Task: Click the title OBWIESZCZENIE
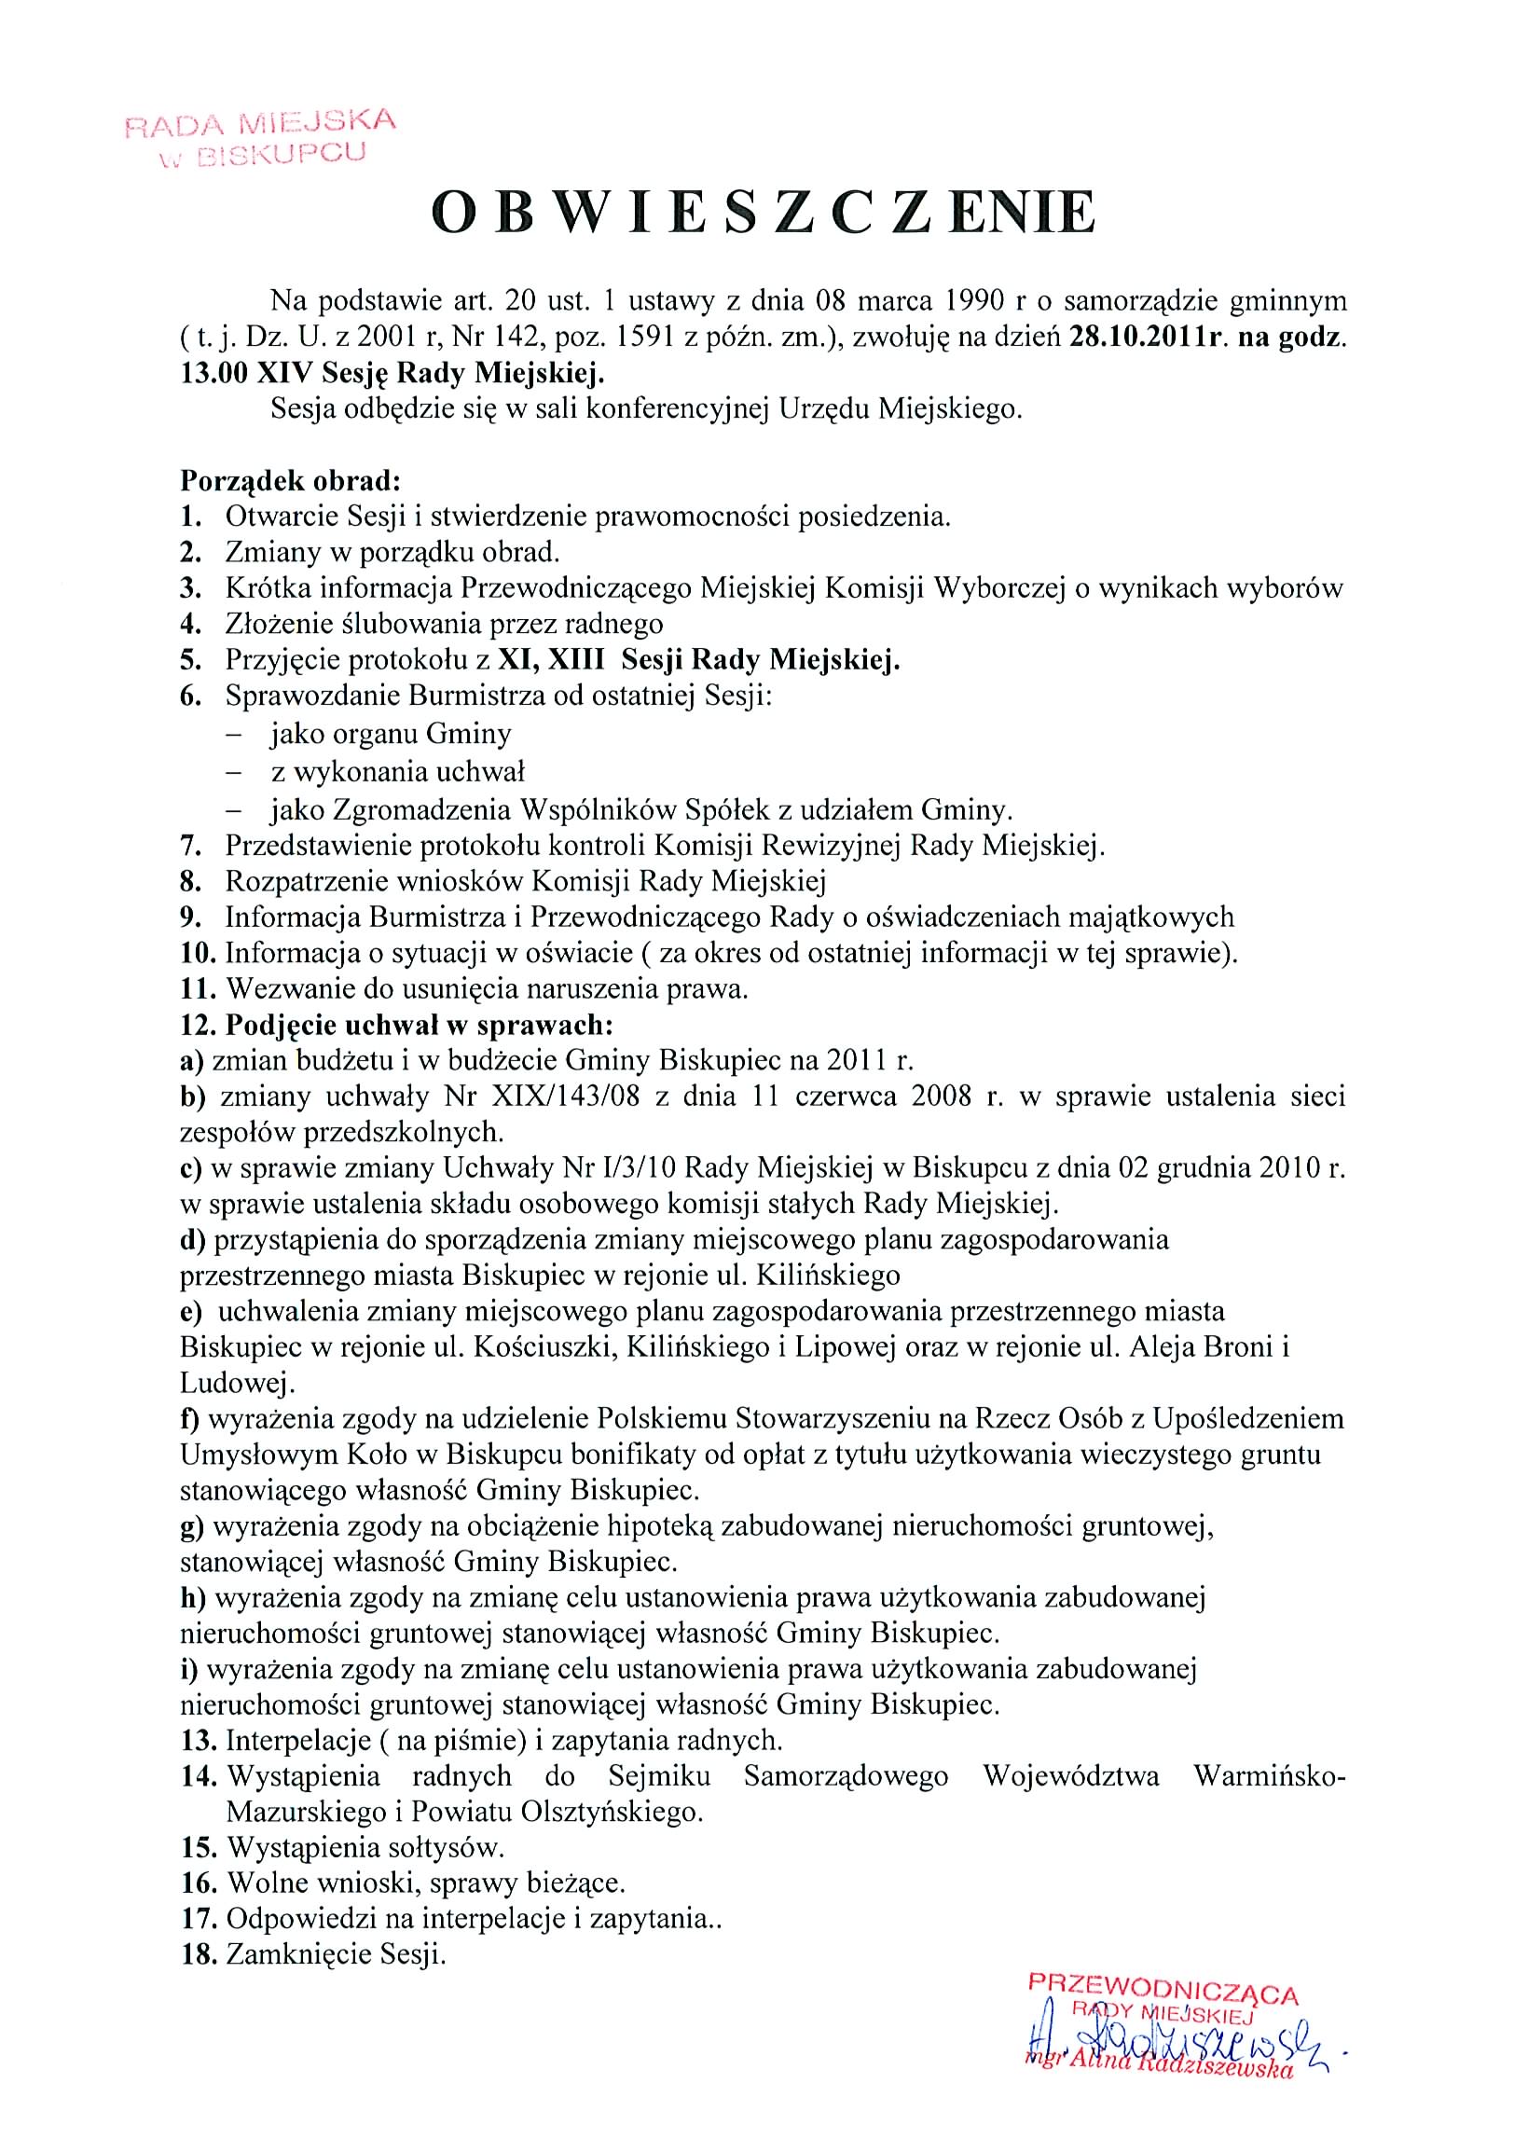[x=763, y=213]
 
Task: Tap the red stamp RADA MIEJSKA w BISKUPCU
[x=260, y=137]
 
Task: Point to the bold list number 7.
[x=191, y=846]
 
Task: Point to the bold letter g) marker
[x=192, y=1526]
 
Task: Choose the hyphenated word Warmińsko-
[x=1270, y=1776]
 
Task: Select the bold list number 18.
[x=199, y=1955]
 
